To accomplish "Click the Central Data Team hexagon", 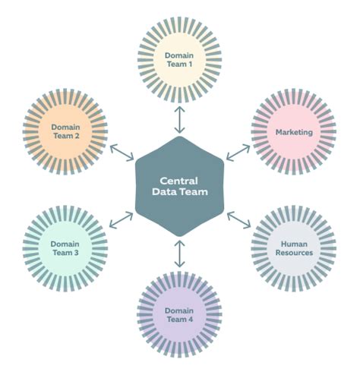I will (x=179, y=187).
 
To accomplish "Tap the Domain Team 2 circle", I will (x=65, y=131).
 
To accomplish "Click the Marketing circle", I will (x=293, y=132).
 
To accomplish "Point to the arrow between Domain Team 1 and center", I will (x=179, y=119).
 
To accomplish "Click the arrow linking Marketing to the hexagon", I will (x=238, y=151).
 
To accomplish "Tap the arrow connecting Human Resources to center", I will (x=238, y=220).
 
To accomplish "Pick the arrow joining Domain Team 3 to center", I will (x=122, y=220).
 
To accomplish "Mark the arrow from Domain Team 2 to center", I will (x=122, y=151).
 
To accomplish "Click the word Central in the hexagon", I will (x=179, y=181).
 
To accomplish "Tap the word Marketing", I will (x=293, y=132).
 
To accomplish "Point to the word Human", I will (x=293, y=243).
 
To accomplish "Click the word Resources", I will (x=293, y=253).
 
